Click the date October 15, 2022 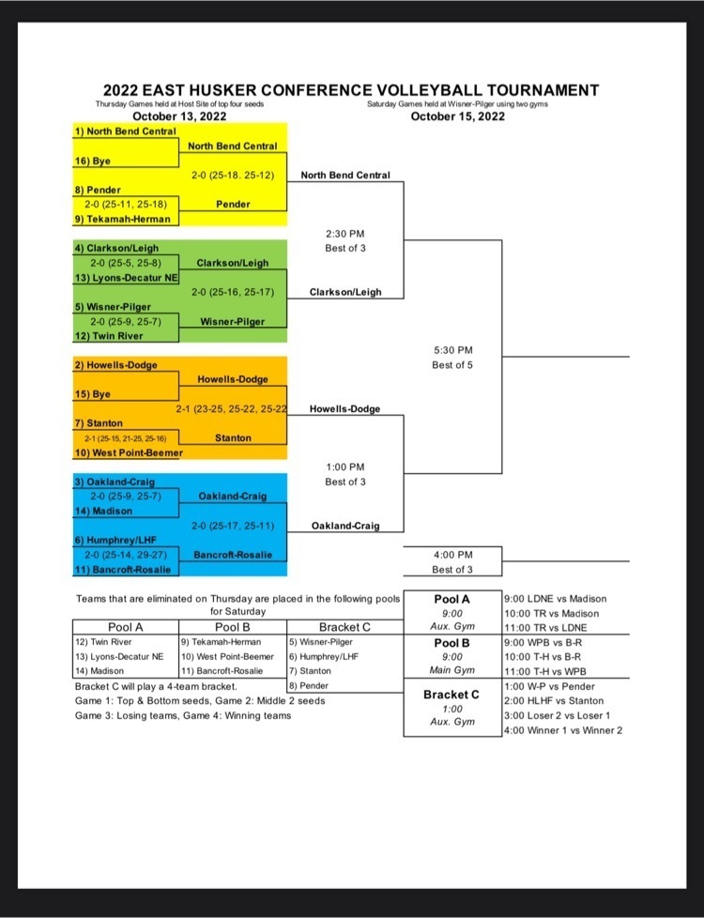[x=457, y=116]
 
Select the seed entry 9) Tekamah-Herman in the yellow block [x=122, y=219]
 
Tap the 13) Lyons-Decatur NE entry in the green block [x=126, y=278]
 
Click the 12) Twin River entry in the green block [x=110, y=336]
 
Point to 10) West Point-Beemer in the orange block [x=128, y=452]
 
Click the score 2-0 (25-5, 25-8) [x=126, y=263]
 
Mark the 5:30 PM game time [x=452, y=350]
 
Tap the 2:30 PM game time [x=344, y=234]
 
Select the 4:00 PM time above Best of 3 [x=452, y=555]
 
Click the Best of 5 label [x=452, y=365]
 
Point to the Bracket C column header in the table [x=344, y=626]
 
